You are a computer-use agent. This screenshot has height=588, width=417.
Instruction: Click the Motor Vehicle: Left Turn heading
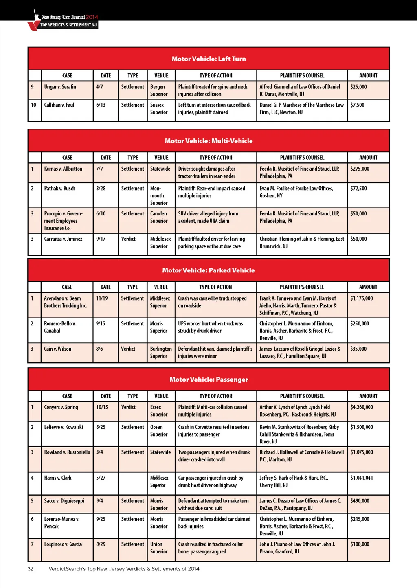click(x=208, y=59)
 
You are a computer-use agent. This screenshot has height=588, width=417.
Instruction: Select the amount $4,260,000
click(x=362, y=407)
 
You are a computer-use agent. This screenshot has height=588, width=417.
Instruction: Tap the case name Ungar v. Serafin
click(x=60, y=87)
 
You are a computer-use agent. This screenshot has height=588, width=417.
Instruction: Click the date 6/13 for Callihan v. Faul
click(x=101, y=105)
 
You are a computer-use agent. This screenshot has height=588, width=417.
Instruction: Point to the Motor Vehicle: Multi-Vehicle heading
click(x=208, y=141)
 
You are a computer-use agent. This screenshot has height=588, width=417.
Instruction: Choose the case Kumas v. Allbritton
click(x=63, y=169)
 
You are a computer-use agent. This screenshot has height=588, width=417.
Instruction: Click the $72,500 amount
click(x=358, y=189)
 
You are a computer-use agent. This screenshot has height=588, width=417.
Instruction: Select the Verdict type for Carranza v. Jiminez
click(x=128, y=239)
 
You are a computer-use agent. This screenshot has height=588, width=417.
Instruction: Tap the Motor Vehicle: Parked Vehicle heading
click(x=208, y=270)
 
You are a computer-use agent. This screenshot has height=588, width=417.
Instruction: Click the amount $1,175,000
click(x=361, y=298)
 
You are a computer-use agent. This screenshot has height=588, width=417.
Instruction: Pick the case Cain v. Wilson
click(x=57, y=349)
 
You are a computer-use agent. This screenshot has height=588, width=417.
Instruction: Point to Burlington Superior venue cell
click(x=160, y=352)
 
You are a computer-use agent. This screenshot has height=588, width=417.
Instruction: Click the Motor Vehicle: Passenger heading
click(x=208, y=380)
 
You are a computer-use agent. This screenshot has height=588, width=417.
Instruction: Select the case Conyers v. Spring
click(x=61, y=407)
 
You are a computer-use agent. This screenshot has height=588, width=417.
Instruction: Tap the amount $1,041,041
click(x=362, y=478)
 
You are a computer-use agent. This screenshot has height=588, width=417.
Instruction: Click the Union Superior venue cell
click(x=158, y=548)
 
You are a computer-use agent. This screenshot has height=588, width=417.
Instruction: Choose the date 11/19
click(x=102, y=298)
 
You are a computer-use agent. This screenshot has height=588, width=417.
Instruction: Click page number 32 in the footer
click(x=31, y=569)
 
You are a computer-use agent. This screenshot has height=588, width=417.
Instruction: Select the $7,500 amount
click(x=357, y=105)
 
